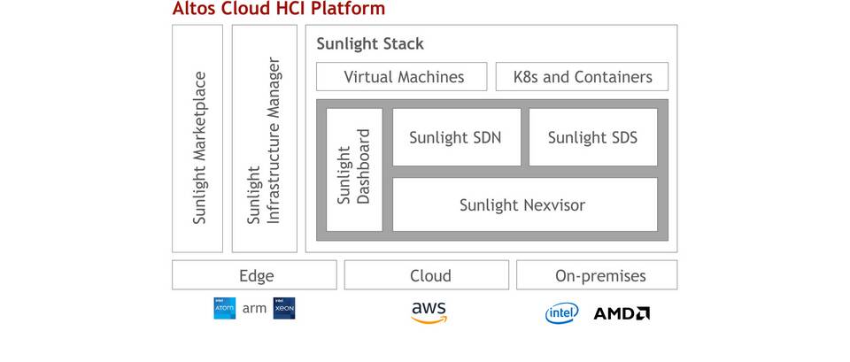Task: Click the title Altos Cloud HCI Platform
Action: pyautogui.click(x=279, y=10)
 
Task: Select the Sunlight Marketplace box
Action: pyautogui.click(x=197, y=138)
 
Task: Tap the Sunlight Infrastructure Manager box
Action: pyautogui.click(x=264, y=138)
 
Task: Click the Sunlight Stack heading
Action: pyautogui.click(x=371, y=43)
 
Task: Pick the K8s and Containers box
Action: pyautogui.click(x=582, y=77)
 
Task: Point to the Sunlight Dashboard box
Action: pyautogui.click(x=354, y=169)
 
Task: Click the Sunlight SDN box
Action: pyautogui.click(x=456, y=137)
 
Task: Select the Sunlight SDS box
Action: pyautogui.click(x=592, y=137)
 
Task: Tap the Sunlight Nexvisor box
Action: pyautogui.click(x=524, y=204)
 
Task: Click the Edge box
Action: pyautogui.click(x=255, y=275)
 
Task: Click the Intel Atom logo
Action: pyautogui.click(x=224, y=309)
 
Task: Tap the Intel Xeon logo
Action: pyautogui.click(x=284, y=309)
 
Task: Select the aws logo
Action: pyautogui.click(x=429, y=312)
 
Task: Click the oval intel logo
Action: pyautogui.click(x=561, y=312)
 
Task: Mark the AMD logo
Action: pyautogui.click(x=622, y=313)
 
